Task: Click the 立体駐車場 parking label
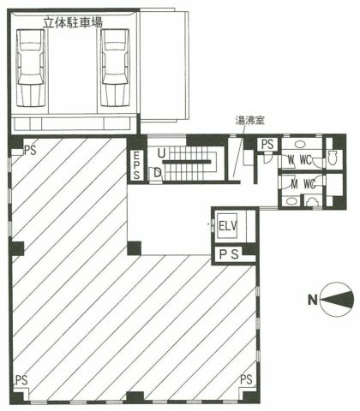coord(73,22)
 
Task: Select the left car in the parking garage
coord(31,68)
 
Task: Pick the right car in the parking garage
coord(116,68)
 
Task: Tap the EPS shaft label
coord(136,165)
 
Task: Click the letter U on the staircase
coord(161,154)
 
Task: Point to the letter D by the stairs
coord(158,173)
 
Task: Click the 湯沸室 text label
coord(249,120)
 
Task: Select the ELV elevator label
coord(228,226)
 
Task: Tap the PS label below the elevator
coord(229,254)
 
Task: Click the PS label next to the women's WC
coord(267,145)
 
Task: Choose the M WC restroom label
coord(303,184)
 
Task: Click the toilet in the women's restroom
coord(333,158)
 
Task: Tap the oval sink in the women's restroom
coord(299,144)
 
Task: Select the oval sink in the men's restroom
coord(291,201)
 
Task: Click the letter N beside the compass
coord(313,300)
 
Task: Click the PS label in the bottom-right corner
coord(246,379)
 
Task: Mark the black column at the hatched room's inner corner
coord(134,248)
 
